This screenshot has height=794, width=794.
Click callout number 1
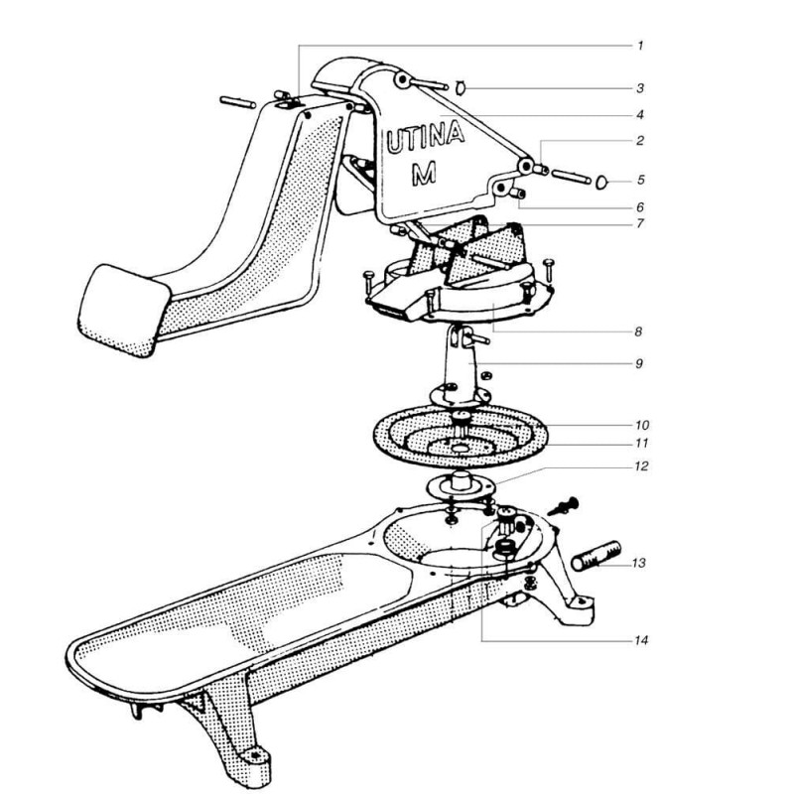point(640,46)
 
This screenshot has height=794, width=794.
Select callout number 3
point(640,88)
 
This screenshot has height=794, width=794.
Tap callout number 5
point(640,180)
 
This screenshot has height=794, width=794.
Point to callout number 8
point(638,331)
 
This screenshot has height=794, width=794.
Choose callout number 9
point(639,363)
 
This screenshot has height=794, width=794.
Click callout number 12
point(641,465)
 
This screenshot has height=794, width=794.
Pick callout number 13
point(639,563)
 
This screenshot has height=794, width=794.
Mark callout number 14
point(641,640)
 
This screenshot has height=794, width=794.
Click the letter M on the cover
point(424,173)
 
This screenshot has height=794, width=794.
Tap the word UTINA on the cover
point(426,137)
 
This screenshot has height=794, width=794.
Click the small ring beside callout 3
point(461,88)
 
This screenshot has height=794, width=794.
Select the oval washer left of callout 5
point(602,182)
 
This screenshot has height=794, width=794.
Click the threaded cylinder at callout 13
point(596,556)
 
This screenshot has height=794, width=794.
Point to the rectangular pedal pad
point(124,310)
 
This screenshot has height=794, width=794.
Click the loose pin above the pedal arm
point(238,102)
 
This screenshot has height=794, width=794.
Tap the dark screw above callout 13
point(563,506)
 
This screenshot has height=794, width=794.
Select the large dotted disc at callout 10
point(461,436)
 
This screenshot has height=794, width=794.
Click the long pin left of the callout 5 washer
point(571,177)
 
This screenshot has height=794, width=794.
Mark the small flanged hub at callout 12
point(461,483)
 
